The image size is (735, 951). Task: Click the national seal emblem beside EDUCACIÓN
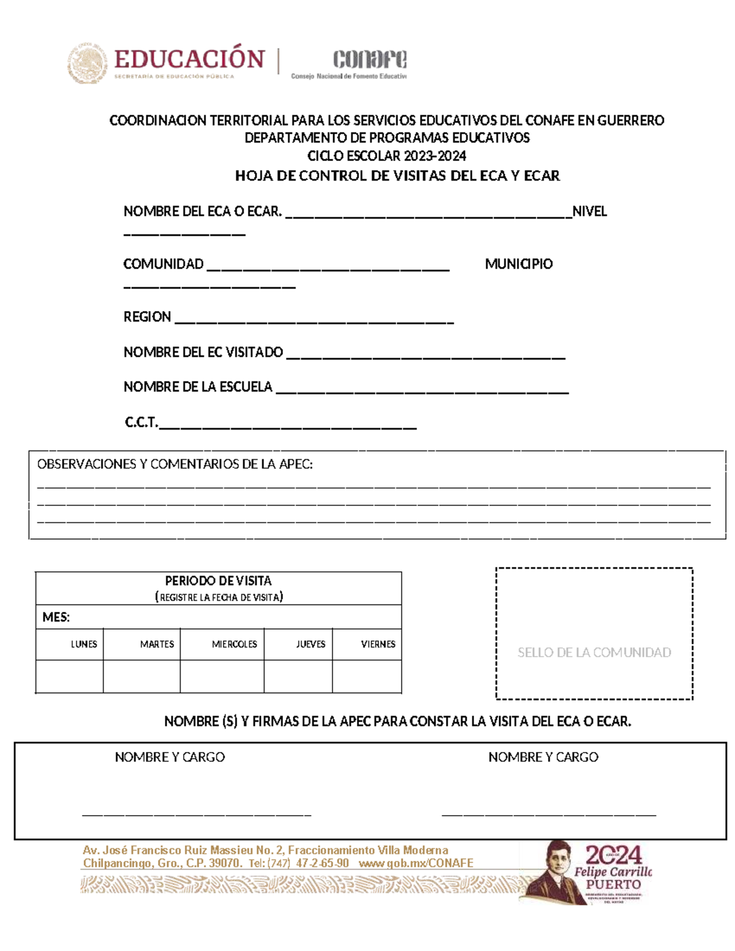87,63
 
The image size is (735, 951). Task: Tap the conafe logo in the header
369,60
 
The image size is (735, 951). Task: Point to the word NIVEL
589,211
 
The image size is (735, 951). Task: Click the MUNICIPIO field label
518,264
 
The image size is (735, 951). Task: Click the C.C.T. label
141,422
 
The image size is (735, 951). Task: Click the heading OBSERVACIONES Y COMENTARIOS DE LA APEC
175,464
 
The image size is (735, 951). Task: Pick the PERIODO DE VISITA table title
218,581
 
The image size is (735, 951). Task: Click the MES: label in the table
56,617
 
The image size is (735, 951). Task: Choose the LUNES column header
83,644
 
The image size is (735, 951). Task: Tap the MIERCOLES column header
234,644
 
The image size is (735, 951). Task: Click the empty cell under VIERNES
367,676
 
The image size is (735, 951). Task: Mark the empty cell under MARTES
141,676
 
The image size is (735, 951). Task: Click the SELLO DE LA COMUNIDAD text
594,652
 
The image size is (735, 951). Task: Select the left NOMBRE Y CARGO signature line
197,814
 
